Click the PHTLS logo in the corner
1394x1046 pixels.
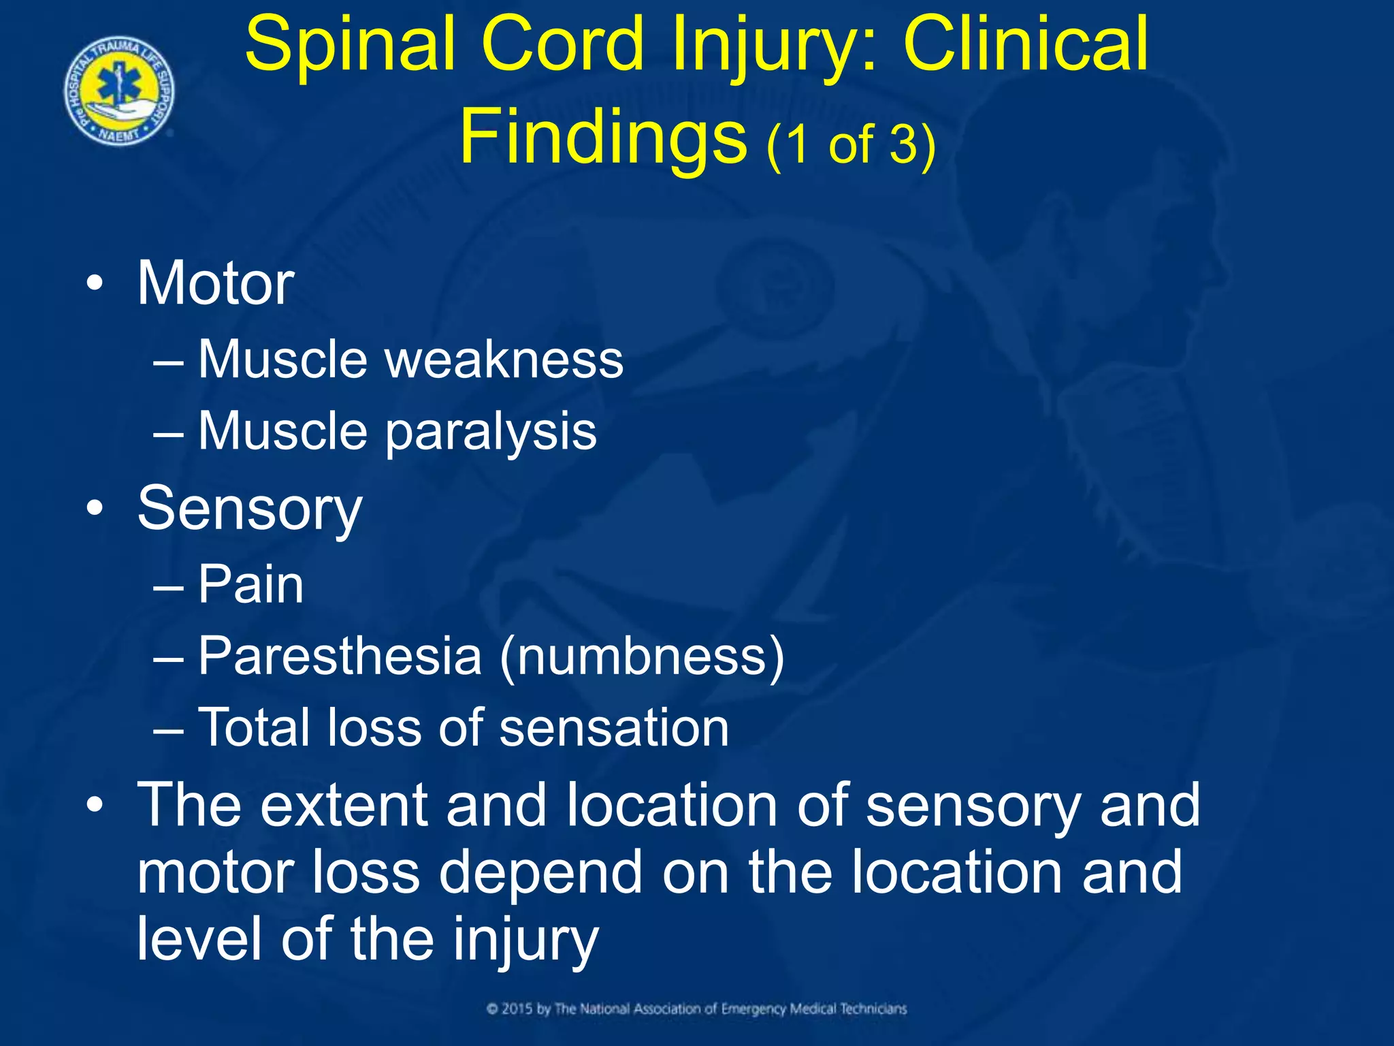[119, 91]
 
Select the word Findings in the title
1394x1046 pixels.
[603, 136]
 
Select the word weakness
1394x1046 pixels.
[504, 359]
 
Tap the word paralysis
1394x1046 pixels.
[491, 432]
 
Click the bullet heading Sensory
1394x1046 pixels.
[250, 509]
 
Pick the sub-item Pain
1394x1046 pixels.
[250, 584]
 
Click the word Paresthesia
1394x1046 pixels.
[340, 656]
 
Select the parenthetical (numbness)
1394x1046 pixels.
[642, 656]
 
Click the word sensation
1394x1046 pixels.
[614, 727]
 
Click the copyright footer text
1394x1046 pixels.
[697, 1009]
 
